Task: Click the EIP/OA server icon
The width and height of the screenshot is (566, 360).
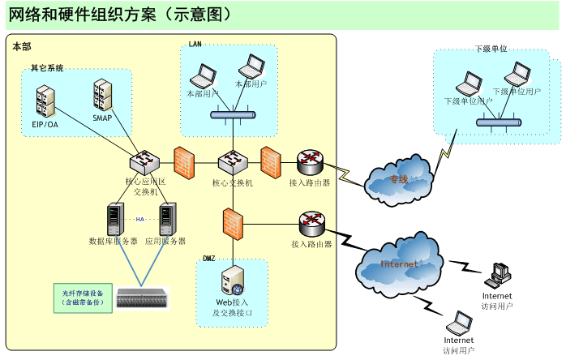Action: tap(45, 101)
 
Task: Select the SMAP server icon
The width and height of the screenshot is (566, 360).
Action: tap(102, 95)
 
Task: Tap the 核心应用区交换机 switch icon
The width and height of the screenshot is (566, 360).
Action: tap(145, 162)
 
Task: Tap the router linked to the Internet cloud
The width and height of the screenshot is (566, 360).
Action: tap(311, 223)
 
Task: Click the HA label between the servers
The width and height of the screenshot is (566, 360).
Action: tap(140, 219)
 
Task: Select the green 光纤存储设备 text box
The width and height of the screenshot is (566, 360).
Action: tap(83, 298)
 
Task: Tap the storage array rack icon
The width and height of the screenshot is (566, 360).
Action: tap(144, 298)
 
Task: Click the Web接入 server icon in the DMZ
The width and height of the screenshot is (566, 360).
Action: tap(232, 281)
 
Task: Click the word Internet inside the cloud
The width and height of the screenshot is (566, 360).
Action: tap(400, 264)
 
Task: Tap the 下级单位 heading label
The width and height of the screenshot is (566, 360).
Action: tap(491, 49)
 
